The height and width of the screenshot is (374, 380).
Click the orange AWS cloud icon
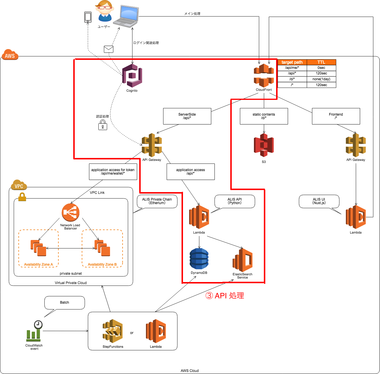coord(10,55)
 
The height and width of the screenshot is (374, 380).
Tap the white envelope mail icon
coord(109,49)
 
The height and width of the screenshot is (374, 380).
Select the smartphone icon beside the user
coord(88,17)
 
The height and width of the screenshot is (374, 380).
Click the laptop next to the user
coord(126,16)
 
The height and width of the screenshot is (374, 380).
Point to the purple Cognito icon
coord(132,76)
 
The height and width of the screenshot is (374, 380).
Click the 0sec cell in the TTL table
coord(321,68)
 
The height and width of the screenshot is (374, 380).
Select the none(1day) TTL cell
coord(321,79)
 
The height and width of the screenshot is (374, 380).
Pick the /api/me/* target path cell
coord(292,68)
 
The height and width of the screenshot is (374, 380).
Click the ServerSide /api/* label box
coord(187,116)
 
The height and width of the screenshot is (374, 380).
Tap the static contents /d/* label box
coord(264,116)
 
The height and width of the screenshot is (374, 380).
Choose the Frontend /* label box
coord(336,116)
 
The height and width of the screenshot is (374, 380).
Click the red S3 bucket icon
coord(264,145)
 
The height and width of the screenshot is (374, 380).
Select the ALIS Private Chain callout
coord(157,201)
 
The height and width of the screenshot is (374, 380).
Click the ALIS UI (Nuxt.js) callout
coord(319,201)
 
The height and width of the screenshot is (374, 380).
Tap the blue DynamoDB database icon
coord(199,259)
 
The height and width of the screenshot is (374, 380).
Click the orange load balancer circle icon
coord(71,212)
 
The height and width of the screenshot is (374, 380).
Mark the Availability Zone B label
coord(102,265)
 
